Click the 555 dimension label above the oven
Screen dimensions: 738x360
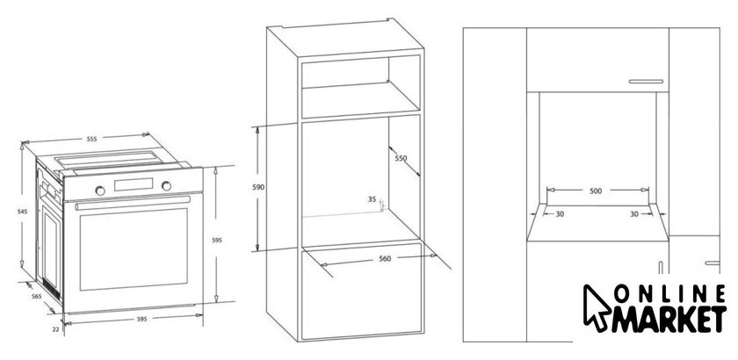[x=91, y=139]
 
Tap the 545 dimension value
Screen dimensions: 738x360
[x=23, y=212]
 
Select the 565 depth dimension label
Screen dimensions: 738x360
[x=36, y=296]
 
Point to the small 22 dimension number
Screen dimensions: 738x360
[x=55, y=329]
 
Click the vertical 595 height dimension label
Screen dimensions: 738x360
[x=216, y=240]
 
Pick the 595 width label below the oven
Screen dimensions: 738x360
[x=141, y=319]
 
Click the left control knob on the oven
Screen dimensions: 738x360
[x=100, y=191]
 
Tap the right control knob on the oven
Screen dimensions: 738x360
[x=167, y=186]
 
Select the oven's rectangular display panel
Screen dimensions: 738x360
[x=134, y=184]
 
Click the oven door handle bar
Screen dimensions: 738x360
[x=133, y=203]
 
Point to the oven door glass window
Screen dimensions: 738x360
[x=134, y=249]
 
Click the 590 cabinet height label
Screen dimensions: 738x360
[x=258, y=187]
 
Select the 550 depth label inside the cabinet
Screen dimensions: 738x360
[x=401, y=158]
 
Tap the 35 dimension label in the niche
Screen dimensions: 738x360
[x=373, y=199]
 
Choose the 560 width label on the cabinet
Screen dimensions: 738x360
[x=385, y=258]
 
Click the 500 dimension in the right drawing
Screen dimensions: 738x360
[x=596, y=191]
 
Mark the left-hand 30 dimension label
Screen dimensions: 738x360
[x=560, y=213]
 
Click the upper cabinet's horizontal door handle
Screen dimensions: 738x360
[x=646, y=82]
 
